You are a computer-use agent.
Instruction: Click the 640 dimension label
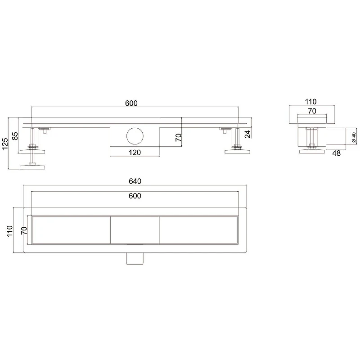(x=135, y=181)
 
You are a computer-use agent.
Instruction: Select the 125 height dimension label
(x=5, y=144)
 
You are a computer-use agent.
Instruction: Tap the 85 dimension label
(x=15, y=136)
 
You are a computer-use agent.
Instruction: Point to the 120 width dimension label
(x=135, y=153)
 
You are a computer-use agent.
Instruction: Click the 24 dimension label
(x=247, y=134)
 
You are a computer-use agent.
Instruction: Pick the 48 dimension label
(x=336, y=153)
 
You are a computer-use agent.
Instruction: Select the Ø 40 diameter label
(x=354, y=137)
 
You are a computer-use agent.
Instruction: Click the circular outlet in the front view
(x=135, y=136)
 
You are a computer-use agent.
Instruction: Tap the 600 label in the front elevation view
(x=131, y=103)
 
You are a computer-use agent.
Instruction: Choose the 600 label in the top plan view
(x=135, y=196)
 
